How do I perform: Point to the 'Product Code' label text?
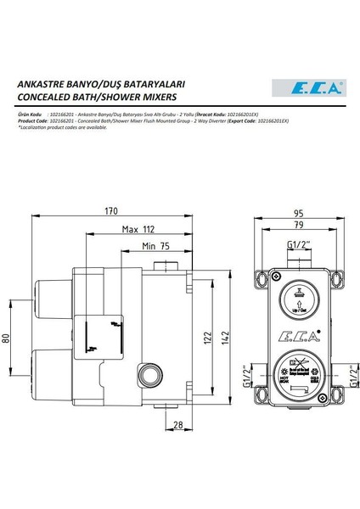pyautogui.click(x=36, y=120)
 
